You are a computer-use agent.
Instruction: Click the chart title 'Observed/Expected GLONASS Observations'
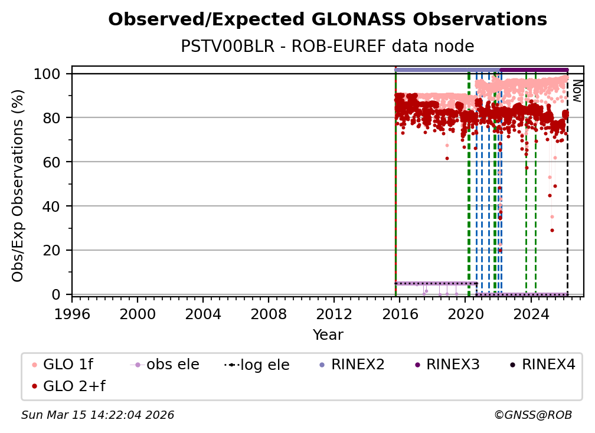[x=328, y=19]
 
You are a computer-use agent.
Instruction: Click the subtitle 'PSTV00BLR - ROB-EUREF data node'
[x=328, y=46]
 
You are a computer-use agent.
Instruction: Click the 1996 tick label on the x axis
[x=72, y=314]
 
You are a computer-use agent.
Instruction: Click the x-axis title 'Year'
[x=328, y=335]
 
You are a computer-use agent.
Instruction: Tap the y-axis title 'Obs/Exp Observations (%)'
[x=18, y=185]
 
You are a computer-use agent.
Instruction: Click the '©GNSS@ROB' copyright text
[x=532, y=415]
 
